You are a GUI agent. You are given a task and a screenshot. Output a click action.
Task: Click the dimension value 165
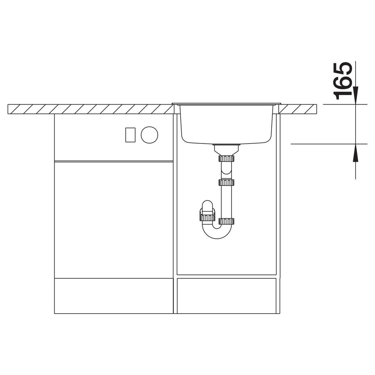(x=343, y=81)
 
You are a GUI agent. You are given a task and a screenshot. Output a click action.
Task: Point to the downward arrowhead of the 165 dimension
(x=356, y=95)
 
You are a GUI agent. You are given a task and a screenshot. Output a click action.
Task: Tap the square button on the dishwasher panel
(x=130, y=135)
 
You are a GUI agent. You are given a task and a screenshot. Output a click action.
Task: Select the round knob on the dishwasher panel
(x=149, y=135)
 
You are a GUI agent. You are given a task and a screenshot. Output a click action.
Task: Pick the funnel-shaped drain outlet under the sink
(x=226, y=150)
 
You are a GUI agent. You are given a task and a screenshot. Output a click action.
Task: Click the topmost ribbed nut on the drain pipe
(x=226, y=158)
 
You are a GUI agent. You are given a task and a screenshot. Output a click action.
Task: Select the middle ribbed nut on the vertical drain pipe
(x=226, y=183)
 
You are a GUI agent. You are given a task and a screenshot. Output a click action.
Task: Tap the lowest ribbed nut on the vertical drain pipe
(x=226, y=221)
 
